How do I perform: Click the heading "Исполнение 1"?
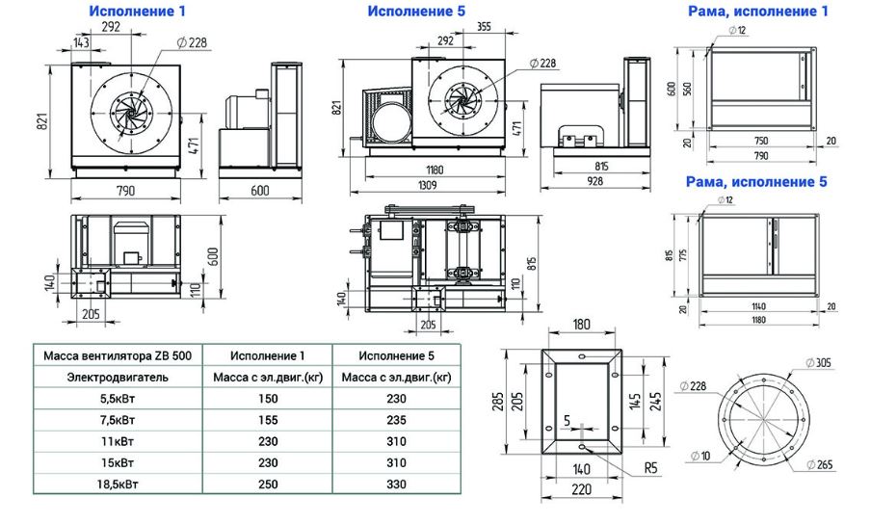(137, 11)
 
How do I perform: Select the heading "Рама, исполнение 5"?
(756, 181)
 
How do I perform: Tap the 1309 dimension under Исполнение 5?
(427, 185)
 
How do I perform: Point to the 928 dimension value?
(594, 181)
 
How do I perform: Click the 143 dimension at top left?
(81, 42)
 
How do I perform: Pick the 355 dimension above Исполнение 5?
(484, 26)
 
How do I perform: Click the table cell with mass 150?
(268, 399)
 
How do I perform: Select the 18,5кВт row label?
(118, 485)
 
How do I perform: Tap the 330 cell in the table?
(397, 485)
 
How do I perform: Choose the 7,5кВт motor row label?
(118, 420)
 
